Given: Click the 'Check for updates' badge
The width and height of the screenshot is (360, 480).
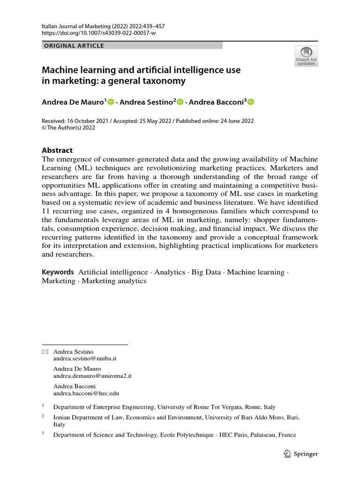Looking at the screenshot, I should coord(306,56).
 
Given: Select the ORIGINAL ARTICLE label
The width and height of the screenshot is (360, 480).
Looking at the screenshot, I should coord(74,46).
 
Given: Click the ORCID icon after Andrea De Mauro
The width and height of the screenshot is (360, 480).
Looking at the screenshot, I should coord(111,102).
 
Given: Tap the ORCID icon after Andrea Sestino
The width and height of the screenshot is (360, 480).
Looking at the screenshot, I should coord(180,102).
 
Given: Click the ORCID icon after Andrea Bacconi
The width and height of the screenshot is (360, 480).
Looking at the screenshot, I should coord(250,102).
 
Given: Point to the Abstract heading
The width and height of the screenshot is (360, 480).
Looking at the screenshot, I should coord(57,150).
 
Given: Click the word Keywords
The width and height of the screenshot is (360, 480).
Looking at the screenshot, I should coord(58,272).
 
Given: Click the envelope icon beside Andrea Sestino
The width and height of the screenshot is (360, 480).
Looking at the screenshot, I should coord(45,351).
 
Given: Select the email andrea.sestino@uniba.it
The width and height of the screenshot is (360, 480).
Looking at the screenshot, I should coord(85,358).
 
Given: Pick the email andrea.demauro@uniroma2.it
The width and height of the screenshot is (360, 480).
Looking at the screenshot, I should coord(92,376).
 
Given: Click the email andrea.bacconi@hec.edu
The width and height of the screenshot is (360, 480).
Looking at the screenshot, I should coord(86,394).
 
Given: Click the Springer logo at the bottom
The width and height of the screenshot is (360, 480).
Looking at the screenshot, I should coord(301,453).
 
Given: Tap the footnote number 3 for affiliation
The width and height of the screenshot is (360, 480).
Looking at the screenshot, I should coord(43,434).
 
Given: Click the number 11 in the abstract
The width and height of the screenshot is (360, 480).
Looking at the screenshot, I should coord(46,211).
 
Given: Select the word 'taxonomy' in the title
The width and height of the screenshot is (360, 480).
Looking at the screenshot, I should coord(165,81).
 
